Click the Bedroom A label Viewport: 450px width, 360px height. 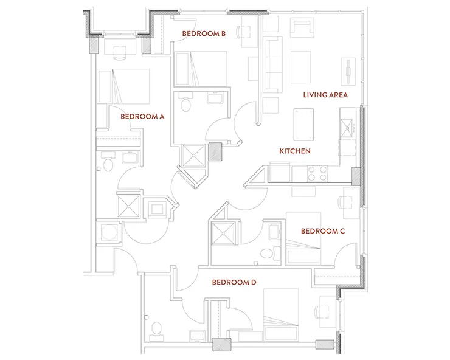coord(142,117)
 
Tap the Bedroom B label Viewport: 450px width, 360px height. coord(204,33)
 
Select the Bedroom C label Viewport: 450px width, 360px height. coord(323,231)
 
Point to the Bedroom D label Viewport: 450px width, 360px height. coord(234,283)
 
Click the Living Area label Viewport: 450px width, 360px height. coord(325,95)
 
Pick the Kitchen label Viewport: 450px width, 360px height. coord(295,151)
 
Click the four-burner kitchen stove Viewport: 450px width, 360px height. coord(317,174)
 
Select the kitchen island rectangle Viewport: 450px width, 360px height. coord(303,125)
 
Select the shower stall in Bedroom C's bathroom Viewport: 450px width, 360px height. coord(223,233)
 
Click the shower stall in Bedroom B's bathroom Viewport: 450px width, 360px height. coord(194,156)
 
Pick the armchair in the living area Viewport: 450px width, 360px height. coord(302,28)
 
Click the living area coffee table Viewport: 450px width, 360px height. coord(301,67)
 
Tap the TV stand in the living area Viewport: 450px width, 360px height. coord(348,72)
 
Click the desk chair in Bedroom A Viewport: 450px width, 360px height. coord(120,53)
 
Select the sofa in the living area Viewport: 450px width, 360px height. coord(272,65)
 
